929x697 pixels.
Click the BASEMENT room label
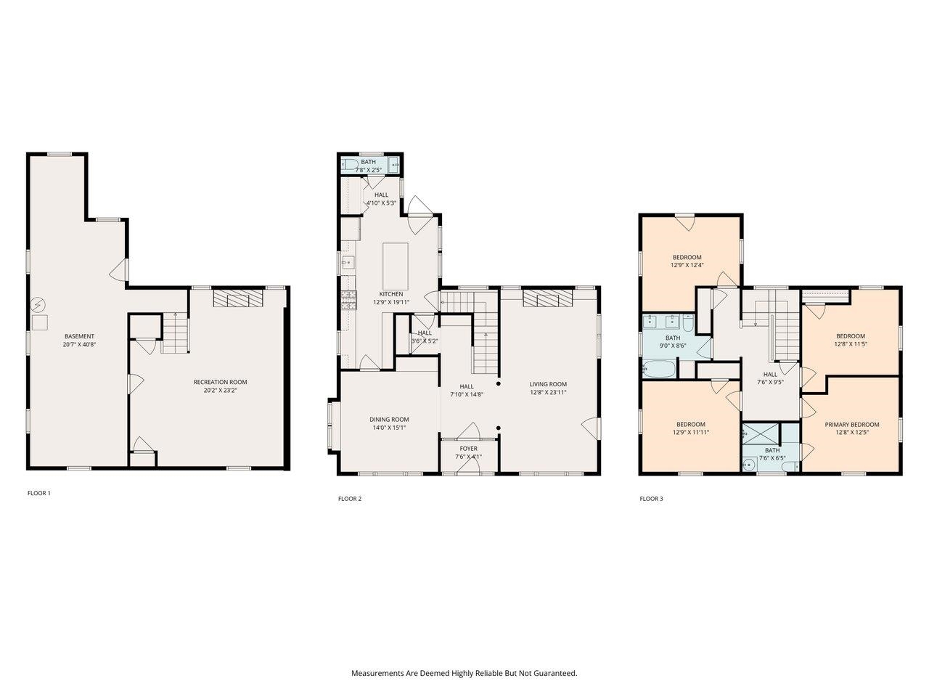[79, 336]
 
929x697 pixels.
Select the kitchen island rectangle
[395, 258]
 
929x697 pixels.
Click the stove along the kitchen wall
[349, 299]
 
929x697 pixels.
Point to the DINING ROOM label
[389, 420]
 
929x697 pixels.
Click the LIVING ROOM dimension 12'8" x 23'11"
[548, 393]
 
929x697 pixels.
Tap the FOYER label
[468, 449]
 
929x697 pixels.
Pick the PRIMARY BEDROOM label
[851, 425]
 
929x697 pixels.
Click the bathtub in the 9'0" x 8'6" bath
[659, 369]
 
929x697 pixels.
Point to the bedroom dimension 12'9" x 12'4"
[687, 266]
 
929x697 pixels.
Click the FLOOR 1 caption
[39, 493]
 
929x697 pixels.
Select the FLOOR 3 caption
[651, 499]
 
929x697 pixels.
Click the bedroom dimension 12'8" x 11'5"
[850, 344]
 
